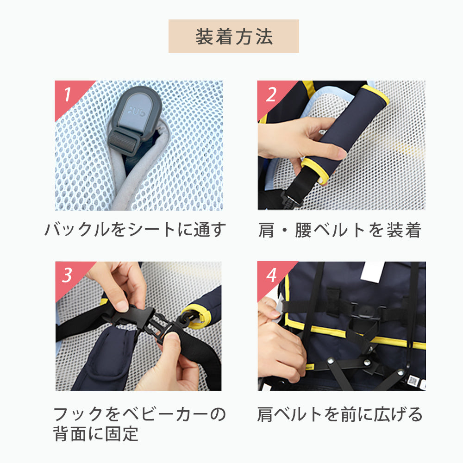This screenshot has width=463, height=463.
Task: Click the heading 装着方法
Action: click(x=234, y=37)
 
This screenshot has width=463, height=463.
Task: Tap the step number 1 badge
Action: click(x=68, y=95)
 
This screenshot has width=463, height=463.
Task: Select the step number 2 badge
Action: click(x=271, y=95)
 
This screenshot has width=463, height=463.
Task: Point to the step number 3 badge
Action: click(x=68, y=275)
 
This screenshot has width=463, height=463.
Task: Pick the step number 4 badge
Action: click(x=271, y=275)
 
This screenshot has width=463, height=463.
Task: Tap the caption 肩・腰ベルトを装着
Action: click(x=340, y=230)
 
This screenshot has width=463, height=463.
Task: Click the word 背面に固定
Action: click(x=96, y=434)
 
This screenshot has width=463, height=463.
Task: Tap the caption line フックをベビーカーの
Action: click(x=139, y=413)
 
